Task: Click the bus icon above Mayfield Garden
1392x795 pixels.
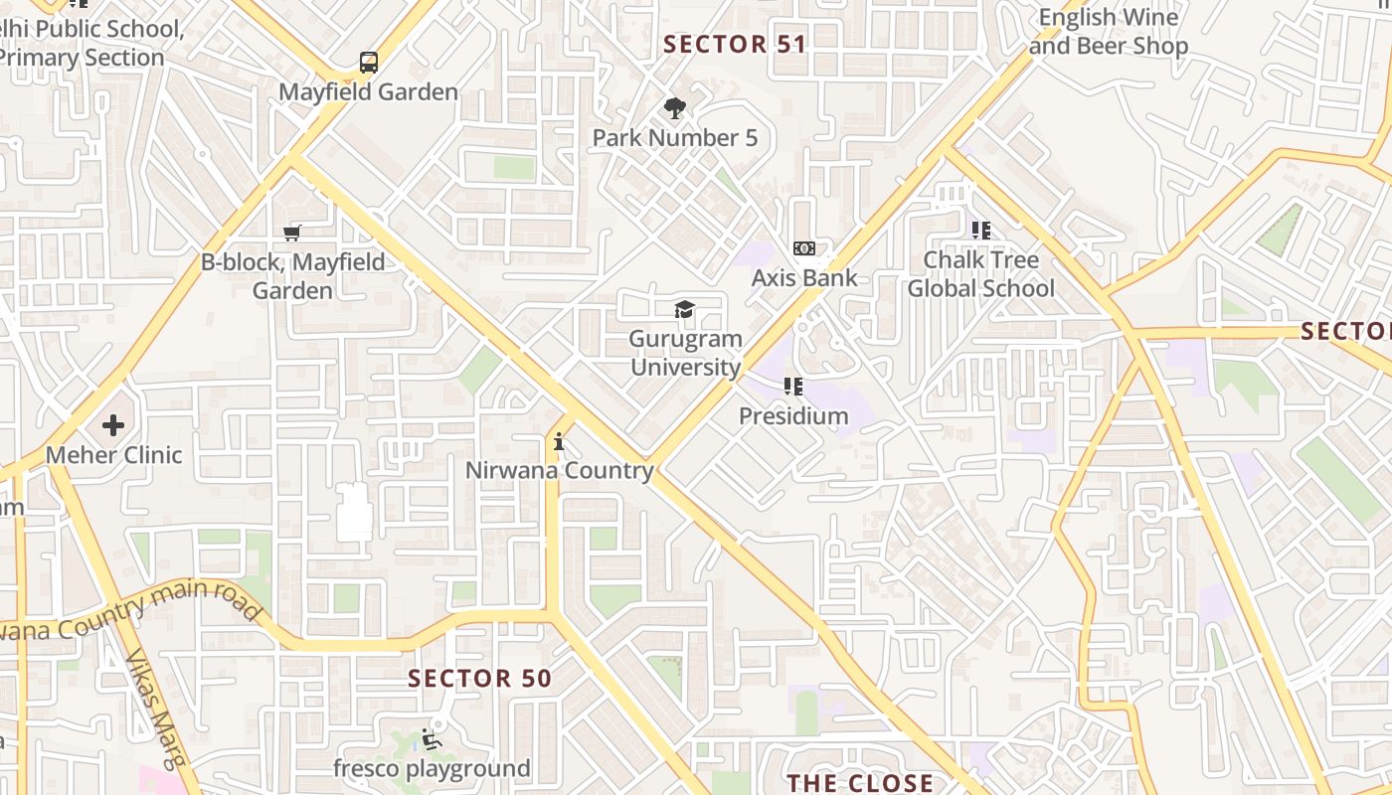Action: [369, 63]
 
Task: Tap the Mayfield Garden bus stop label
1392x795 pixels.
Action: [368, 92]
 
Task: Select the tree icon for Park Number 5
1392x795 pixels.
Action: [675, 108]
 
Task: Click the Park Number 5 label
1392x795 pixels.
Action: [675, 138]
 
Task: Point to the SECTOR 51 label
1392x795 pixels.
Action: [735, 45]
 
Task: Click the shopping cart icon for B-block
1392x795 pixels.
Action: [291, 233]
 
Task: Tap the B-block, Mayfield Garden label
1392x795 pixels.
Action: [292, 276]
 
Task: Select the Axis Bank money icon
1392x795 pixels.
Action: [803, 248]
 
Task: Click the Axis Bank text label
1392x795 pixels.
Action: [803, 278]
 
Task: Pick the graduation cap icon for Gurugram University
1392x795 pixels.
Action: [685, 310]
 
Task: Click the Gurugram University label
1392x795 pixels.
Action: [686, 353]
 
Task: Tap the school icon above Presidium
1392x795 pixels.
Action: [792, 387]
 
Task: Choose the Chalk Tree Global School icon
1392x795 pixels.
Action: [981, 231]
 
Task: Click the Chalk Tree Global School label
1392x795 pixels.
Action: [980, 274]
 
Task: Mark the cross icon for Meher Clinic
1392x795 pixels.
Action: [113, 425]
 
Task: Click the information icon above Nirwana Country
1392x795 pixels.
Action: [559, 441]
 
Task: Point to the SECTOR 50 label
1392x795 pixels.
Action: [479, 679]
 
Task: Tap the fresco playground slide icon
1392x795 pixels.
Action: [431, 739]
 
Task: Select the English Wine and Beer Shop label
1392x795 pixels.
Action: [1109, 32]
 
